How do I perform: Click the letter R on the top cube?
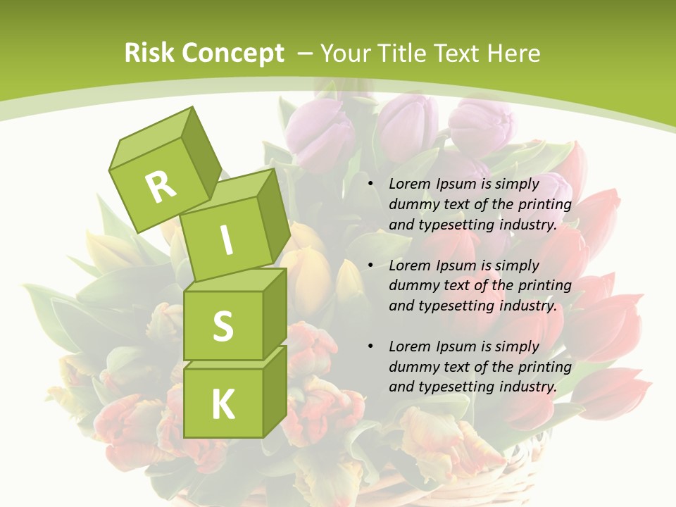(161, 187)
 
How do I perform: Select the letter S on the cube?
(223, 326)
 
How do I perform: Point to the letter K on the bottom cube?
(223, 404)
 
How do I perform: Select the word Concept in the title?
(233, 53)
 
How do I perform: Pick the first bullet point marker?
(370, 184)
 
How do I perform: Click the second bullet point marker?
(370, 265)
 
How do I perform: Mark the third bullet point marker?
(370, 346)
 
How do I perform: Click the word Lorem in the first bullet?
(409, 184)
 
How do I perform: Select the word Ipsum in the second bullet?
(460, 265)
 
